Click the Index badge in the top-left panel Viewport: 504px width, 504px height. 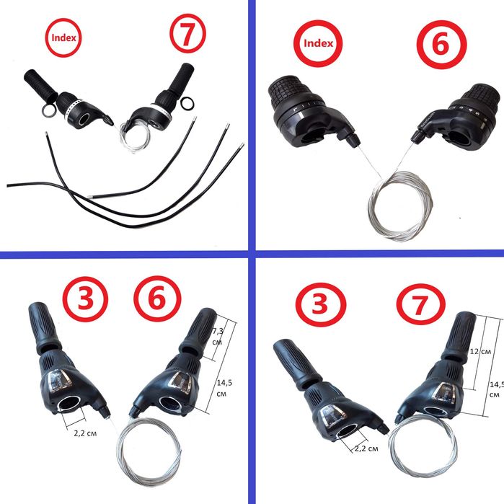[x=63, y=37]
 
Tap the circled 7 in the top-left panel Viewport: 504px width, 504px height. [x=187, y=33]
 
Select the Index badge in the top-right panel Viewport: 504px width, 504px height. [x=318, y=43]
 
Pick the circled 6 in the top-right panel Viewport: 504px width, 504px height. [x=441, y=45]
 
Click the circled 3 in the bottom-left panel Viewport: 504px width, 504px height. [x=85, y=299]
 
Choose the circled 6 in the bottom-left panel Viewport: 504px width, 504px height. [x=157, y=299]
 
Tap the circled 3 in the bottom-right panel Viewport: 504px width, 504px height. [x=320, y=304]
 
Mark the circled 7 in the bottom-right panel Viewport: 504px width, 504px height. [x=421, y=304]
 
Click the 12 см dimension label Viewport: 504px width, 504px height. [x=480, y=351]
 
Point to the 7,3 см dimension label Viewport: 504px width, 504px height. [x=218, y=336]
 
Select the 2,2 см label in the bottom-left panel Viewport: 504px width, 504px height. [x=85, y=433]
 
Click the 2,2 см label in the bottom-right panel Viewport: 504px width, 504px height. [x=366, y=448]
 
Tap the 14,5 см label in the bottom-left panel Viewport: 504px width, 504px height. [x=224, y=388]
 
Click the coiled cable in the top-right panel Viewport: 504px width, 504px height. [x=400, y=205]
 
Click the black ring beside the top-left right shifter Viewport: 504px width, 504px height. [x=187, y=104]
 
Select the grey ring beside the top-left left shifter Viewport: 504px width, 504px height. [x=49, y=111]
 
